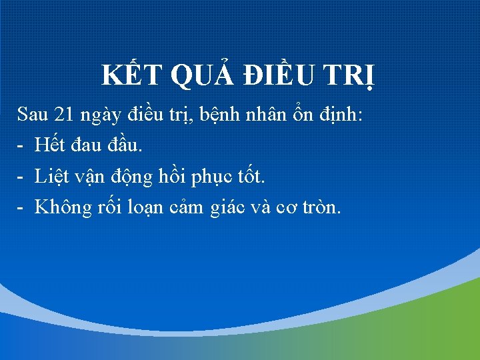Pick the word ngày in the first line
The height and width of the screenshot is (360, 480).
100,115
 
